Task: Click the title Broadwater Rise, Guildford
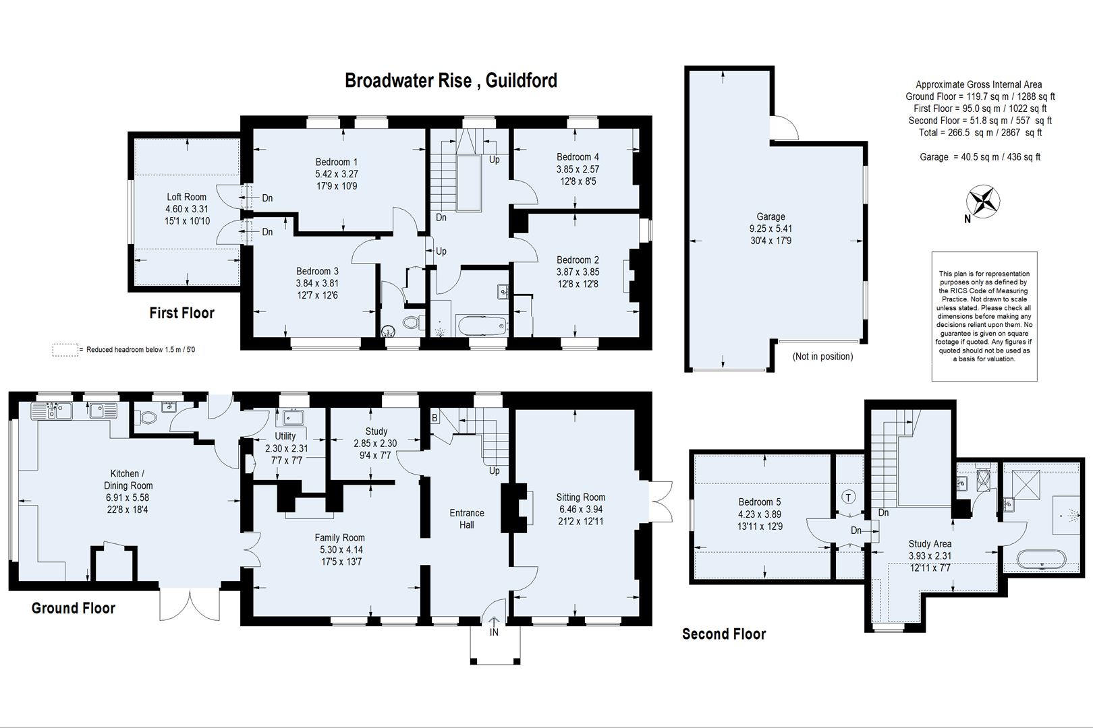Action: (451, 80)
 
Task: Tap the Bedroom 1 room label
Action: (336, 162)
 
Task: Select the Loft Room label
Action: (186, 197)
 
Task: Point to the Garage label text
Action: (770, 216)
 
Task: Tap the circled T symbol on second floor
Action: (848, 497)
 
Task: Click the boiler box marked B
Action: (435, 418)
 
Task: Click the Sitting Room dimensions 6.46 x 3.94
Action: (581, 509)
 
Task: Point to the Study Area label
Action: (930, 543)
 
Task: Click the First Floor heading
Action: (182, 313)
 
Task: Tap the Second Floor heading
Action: (724, 634)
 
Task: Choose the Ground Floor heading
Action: (74, 608)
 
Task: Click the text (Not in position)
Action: (822, 356)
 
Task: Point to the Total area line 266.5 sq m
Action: (980, 133)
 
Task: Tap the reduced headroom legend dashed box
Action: (65, 350)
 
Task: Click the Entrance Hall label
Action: (467, 518)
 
